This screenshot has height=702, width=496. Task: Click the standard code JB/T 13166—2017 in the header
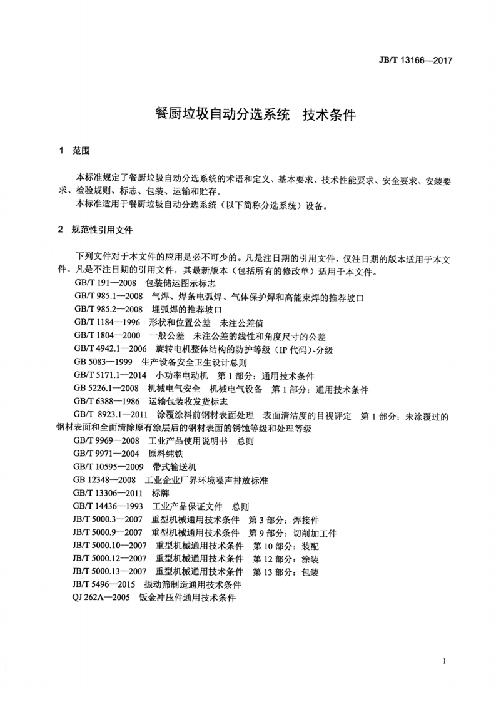click(415, 61)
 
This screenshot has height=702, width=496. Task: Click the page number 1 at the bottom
click(443, 661)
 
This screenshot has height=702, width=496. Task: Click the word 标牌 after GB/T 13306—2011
click(160, 493)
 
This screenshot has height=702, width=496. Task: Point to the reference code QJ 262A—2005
click(101, 598)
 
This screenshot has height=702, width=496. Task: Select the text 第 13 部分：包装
click(286, 572)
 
